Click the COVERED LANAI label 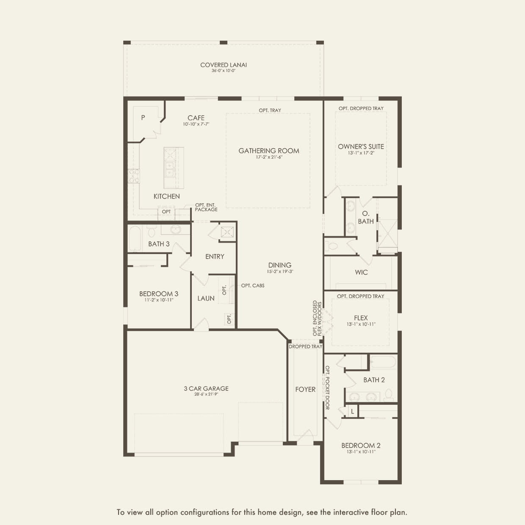pyautogui.click(x=224, y=65)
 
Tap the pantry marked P pyautogui.click(x=143, y=118)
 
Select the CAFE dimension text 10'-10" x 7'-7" pyautogui.click(x=196, y=124)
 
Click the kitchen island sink pyautogui.click(x=169, y=169)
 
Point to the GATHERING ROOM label pyautogui.click(x=269, y=151)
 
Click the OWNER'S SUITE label pyautogui.click(x=361, y=146)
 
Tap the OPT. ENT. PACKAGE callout pyautogui.click(x=206, y=207)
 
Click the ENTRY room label pyautogui.click(x=215, y=257)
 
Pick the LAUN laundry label pyautogui.click(x=206, y=298)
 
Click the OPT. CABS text pyautogui.click(x=253, y=286)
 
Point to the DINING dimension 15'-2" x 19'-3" pyautogui.click(x=280, y=272)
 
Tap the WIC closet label pyautogui.click(x=361, y=272)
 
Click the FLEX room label pyautogui.click(x=361, y=318)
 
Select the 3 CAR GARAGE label pyautogui.click(x=206, y=388)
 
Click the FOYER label pyautogui.click(x=305, y=390)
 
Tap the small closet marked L pyautogui.click(x=353, y=411)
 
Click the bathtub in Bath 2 pyautogui.click(x=383, y=362)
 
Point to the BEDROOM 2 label pyautogui.click(x=361, y=445)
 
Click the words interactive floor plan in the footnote pyautogui.click(x=370, y=512)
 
